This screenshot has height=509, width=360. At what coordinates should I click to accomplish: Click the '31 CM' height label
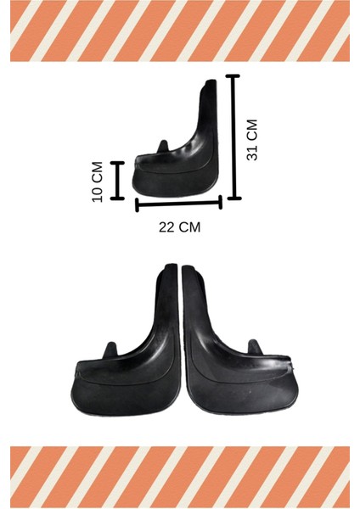pyautogui.click(x=251, y=140)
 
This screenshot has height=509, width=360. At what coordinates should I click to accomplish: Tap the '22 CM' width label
pyautogui.click(x=180, y=227)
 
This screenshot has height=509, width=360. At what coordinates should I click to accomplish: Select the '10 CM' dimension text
pyautogui.click(x=98, y=181)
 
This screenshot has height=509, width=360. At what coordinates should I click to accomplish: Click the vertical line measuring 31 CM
pyautogui.click(x=234, y=137)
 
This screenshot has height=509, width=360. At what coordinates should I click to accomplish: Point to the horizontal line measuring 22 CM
pyautogui.click(x=178, y=203)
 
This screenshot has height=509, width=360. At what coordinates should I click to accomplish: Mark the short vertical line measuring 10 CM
pyautogui.click(x=117, y=179)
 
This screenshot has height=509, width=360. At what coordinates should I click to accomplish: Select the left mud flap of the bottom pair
pyautogui.click(x=127, y=356)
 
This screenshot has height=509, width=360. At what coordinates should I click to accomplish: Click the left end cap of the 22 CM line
pyautogui.click(x=137, y=204)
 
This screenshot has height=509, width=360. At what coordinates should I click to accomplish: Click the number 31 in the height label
pyautogui.click(x=251, y=153)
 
